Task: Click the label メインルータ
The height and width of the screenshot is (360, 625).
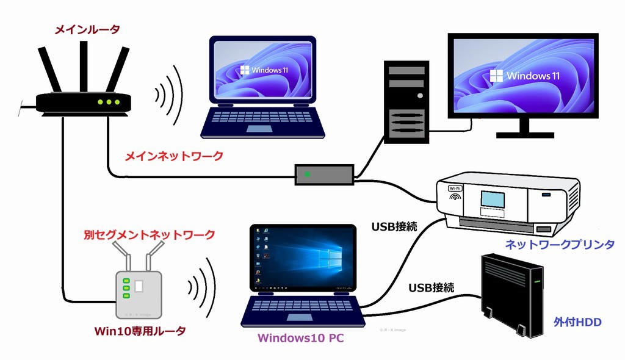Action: (x=87, y=29)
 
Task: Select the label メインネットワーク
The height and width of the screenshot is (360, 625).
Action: (x=174, y=157)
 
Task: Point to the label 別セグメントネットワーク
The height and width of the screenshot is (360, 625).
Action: (x=150, y=234)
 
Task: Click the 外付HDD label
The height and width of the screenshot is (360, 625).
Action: (x=577, y=321)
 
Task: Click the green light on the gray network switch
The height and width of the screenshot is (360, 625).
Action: (x=307, y=175)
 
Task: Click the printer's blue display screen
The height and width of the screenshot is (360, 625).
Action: (x=493, y=199)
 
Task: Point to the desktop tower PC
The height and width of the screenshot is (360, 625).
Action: (x=405, y=101)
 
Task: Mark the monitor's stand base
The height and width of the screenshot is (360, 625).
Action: (x=524, y=134)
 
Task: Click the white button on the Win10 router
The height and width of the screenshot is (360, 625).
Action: (x=139, y=286)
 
